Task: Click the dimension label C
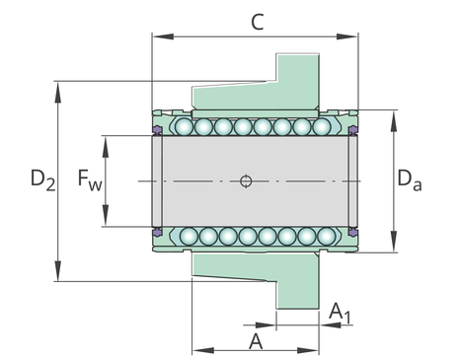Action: pyautogui.click(x=257, y=23)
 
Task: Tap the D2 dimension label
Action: pyautogui.click(x=42, y=180)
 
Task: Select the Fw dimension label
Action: pyautogui.click(x=90, y=180)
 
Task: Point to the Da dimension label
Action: pyautogui.click(x=410, y=180)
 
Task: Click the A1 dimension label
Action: pyautogui.click(x=340, y=313)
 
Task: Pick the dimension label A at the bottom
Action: pyautogui.click(x=256, y=341)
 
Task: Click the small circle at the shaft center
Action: pyautogui.click(x=246, y=181)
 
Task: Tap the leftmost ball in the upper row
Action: pyautogui.click(x=184, y=127)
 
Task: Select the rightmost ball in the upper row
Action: pyautogui.click(x=322, y=127)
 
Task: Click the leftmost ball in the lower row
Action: pyautogui.click(x=189, y=236)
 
